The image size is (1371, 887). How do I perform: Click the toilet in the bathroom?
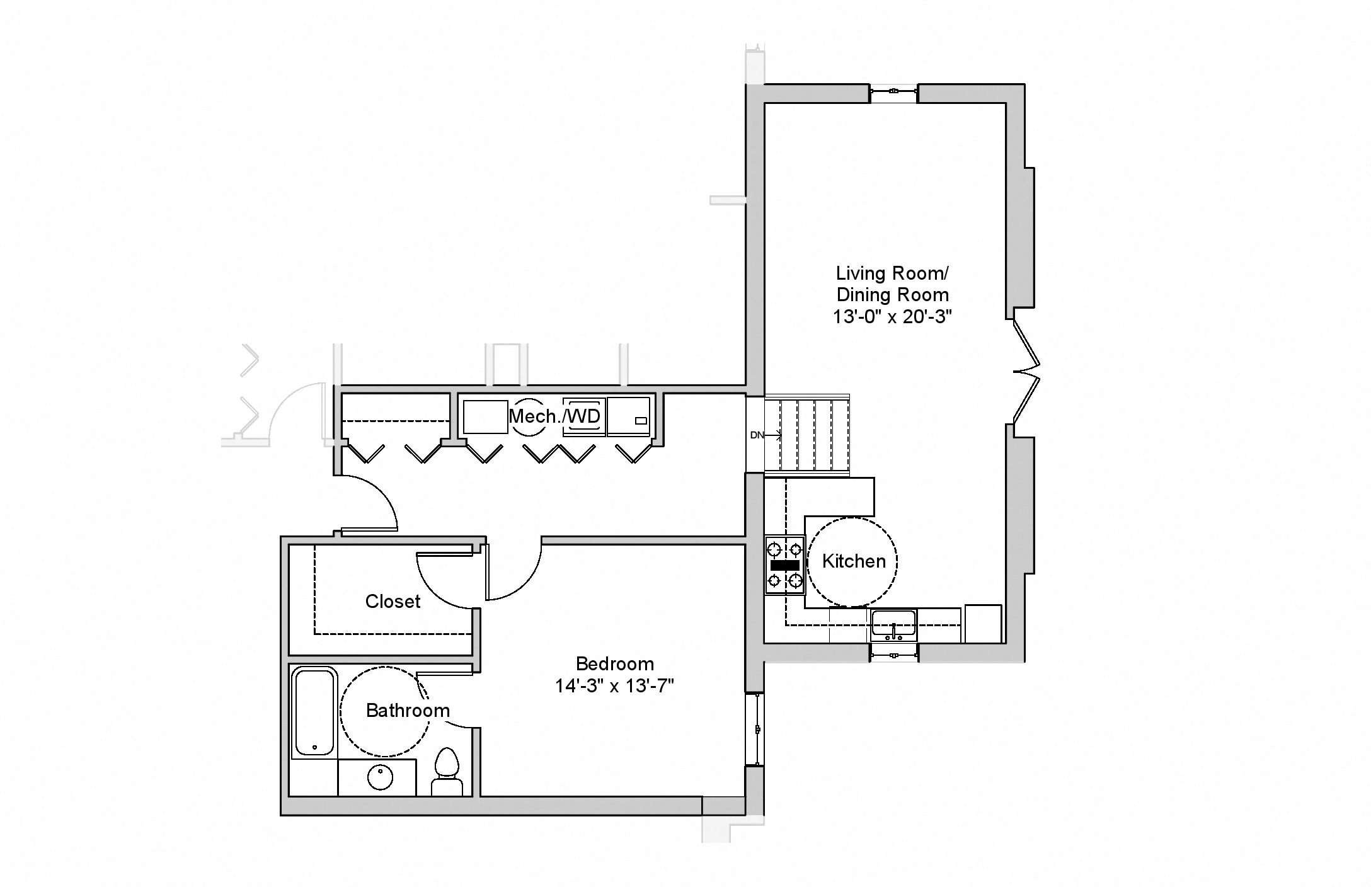447,771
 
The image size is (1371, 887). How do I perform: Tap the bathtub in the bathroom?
314,712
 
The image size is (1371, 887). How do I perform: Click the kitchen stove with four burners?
784,565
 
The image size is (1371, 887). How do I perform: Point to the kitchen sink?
893,624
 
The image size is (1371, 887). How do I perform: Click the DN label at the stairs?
757,435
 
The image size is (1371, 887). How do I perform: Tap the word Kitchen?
854,561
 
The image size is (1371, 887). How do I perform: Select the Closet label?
393,602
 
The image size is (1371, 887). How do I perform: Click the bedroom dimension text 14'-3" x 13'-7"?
614,686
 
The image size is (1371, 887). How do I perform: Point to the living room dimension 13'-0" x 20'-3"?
892,317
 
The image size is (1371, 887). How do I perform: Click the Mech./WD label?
554,416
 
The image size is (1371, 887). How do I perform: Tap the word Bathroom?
408,711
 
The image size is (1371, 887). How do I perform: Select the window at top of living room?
893,93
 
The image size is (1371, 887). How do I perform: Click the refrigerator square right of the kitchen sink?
982,624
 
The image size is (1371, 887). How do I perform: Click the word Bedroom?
614,664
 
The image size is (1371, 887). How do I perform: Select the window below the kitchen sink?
893,654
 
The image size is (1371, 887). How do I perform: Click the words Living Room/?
892,273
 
